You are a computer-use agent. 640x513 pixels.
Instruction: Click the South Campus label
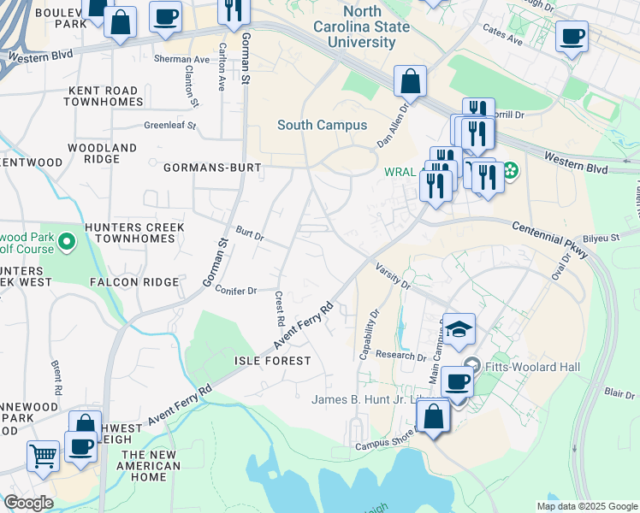[x=322, y=125]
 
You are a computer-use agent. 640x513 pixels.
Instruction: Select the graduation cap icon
[x=459, y=329]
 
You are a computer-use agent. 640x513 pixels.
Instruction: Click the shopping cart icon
[x=43, y=455]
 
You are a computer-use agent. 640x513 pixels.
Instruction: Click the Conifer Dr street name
[x=236, y=291]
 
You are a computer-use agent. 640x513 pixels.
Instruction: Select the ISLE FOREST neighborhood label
[x=273, y=362]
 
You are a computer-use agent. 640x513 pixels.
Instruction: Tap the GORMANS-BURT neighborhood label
[x=213, y=168]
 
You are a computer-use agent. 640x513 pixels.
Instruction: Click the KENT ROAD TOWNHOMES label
[x=104, y=96]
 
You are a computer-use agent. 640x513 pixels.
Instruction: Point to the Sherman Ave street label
[x=182, y=60]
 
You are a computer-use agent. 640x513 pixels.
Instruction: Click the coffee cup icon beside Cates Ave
[x=572, y=37]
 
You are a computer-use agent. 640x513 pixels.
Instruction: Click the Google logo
[x=28, y=503]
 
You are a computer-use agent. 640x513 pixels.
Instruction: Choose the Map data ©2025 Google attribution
[x=587, y=506]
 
